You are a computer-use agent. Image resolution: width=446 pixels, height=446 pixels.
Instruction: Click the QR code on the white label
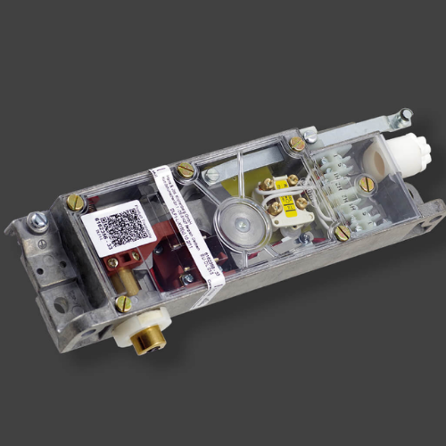118,224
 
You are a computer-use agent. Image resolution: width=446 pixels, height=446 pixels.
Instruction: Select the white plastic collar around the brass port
134,331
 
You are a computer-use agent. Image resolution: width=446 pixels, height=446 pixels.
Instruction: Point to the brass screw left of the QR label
75,203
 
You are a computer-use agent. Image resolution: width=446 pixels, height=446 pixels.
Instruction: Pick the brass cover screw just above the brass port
123,303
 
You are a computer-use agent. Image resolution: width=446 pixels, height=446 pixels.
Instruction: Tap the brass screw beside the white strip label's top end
185,169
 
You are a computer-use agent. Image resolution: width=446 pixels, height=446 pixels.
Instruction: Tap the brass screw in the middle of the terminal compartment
367,185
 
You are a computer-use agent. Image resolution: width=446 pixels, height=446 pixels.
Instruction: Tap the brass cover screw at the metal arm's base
297,144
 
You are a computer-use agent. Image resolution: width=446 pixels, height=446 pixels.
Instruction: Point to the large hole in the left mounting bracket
58,304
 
